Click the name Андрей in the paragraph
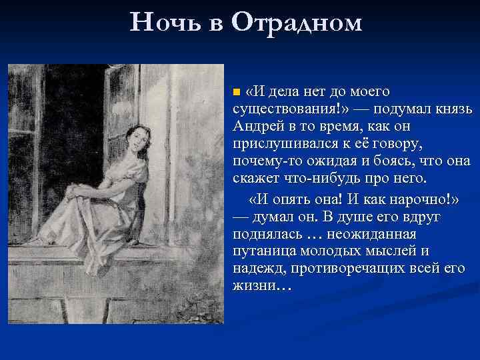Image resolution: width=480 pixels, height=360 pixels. pyautogui.click(x=260, y=125)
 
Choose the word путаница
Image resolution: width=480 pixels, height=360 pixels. pyautogui.click(x=265, y=251)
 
